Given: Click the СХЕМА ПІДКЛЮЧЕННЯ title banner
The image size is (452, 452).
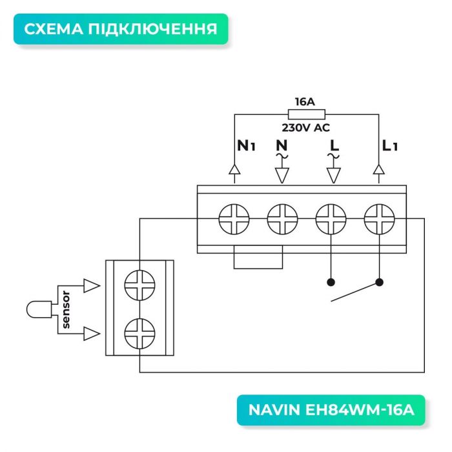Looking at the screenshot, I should (x=121, y=29).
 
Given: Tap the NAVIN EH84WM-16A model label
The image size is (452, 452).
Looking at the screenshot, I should (x=331, y=410).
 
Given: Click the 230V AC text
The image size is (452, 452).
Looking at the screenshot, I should (x=305, y=127).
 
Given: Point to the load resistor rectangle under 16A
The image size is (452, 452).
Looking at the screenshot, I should (x=305, y=114).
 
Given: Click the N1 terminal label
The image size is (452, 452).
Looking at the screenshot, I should (x=246, y=147).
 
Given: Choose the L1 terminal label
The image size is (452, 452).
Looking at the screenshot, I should (x=389, y=147).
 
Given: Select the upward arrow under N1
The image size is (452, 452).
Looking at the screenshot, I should (x=234, y=170).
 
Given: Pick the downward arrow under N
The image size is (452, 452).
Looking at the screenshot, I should (x=282, y=174).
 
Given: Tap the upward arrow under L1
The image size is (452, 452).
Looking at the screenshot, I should (x=379, y=170).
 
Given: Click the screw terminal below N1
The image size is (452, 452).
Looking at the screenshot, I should (x=233, y=219).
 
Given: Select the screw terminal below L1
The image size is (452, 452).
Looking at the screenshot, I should (x=378, y=219).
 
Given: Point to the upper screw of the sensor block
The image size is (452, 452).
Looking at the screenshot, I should (x=139, y=285).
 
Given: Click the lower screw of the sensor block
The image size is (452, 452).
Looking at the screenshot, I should (x=139, y=333).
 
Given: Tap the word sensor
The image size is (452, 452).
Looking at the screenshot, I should (x=66, y=309).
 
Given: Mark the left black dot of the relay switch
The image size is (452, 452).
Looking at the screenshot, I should (x=331, y=282).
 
